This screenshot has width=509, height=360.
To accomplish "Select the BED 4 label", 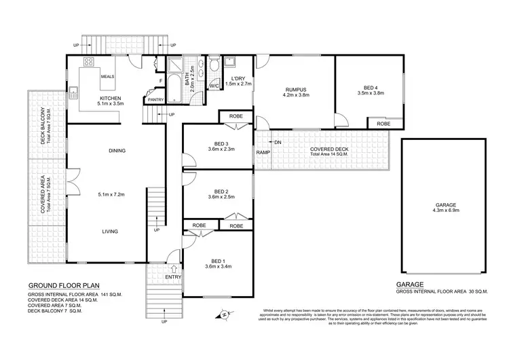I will [371, 87].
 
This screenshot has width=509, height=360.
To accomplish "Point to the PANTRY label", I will [155, 101].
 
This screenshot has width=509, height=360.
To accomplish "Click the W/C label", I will [213, 86].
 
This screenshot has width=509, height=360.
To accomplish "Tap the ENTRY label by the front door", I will [173, 276].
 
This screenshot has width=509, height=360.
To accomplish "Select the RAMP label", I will [263, 152].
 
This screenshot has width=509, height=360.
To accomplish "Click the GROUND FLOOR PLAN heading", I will [62, 287].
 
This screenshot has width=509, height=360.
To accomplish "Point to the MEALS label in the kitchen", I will [107, 77].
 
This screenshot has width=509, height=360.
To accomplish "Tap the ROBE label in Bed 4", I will [383, 124].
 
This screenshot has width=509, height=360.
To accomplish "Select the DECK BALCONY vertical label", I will [43, 126].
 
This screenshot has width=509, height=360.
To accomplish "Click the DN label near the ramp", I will [278, 142].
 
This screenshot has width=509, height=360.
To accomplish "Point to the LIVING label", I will [110, 232].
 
